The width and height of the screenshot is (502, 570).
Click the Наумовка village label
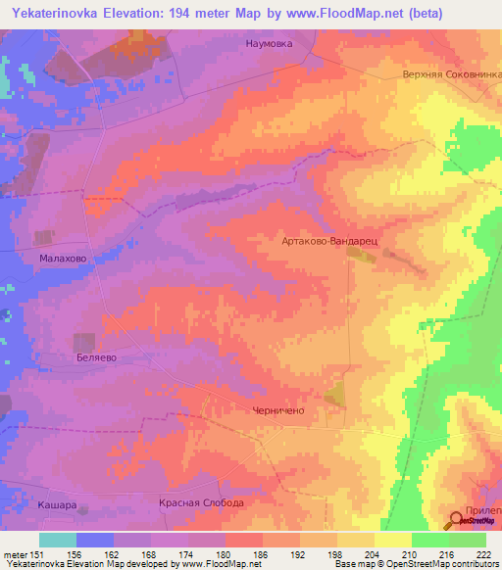[x=269, y=44]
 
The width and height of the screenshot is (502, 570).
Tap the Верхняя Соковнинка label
[x=450, y=74]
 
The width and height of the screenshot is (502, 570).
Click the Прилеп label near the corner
[x=483, y=511]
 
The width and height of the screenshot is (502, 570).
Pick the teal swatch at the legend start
[x=58, y=540]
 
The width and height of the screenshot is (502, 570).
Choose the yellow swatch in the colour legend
[x=392, y=540]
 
